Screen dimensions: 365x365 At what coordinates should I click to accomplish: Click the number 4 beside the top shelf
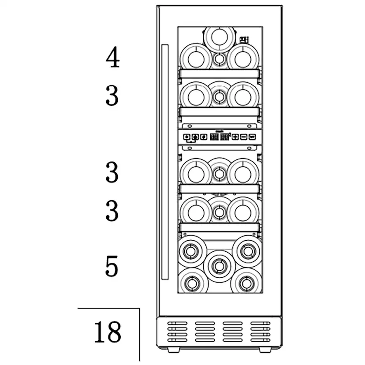click(113, 57)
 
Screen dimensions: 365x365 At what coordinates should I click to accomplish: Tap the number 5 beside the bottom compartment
click(112, 266)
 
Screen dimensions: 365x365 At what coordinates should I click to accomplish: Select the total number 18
click(108, 332)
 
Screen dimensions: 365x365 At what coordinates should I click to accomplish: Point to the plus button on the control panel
click(235, 137)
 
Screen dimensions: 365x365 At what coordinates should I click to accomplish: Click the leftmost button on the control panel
click(187, 137)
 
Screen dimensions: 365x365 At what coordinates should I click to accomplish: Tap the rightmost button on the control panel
click(252, 137)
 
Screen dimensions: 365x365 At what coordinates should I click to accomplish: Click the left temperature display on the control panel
click(214, 137)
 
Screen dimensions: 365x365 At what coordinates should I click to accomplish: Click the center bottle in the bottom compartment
click(219, 266)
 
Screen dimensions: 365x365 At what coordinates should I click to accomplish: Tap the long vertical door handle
click(165, 162)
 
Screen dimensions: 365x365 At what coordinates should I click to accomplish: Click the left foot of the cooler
click(173, 350)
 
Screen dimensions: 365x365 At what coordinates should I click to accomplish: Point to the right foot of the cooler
click(265, 350)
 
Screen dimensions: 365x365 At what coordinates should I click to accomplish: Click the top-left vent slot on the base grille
click(177, 323)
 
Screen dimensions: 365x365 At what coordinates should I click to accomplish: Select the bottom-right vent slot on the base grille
click(260, 340)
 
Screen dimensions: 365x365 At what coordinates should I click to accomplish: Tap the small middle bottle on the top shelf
click(219, 59)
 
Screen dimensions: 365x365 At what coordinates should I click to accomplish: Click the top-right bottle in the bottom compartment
click(247, 251)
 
